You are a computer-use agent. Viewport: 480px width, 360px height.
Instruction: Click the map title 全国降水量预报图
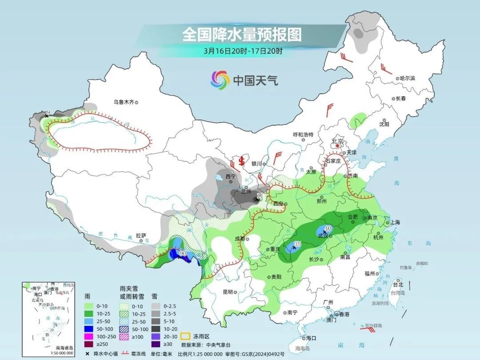[x=242, y=34]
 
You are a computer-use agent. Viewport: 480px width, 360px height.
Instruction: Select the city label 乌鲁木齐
[x=123, y=102]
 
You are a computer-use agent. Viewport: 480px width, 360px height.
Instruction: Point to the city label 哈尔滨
[x=407, y=78]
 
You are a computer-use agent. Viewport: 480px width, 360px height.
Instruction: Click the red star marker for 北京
[x=338, y=145]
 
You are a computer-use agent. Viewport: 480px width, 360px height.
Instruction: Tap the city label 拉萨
[x=141, y=235]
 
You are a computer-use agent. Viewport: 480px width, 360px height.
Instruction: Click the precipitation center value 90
[x=182, y=253]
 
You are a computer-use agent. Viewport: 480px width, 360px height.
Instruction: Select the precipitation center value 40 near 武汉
[x=328, y=228]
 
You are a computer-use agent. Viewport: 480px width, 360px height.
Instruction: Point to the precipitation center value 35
[x=298, y=244]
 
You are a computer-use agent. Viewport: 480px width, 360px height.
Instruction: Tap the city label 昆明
[x=228, y=292]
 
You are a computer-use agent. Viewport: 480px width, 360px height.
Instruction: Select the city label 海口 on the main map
[x=311, y=338]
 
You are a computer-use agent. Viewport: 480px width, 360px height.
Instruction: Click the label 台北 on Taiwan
[x=398, y=284]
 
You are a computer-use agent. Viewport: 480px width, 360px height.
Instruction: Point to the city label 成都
[x=240, y=238]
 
